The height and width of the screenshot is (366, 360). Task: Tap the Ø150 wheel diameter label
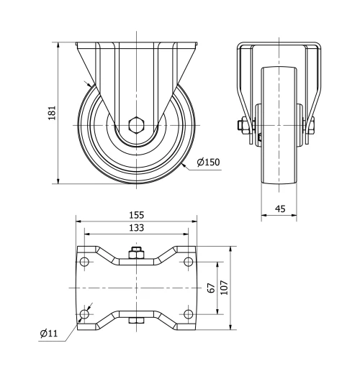(x=207, y=163)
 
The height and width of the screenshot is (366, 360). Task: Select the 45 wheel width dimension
(x=281, y=209)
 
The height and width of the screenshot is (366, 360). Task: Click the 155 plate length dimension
(x=137, y=214)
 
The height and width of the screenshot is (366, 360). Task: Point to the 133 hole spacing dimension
(x=137, y=228)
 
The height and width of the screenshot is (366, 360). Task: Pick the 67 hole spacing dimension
(x=211, y=288)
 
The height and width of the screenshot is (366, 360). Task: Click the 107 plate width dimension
(x=225, y=288)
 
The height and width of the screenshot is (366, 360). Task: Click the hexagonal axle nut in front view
(x=136, y=126)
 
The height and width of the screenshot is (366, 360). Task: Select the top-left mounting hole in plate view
(x=85, y=262)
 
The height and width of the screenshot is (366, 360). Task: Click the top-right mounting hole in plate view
(x=188, y=262)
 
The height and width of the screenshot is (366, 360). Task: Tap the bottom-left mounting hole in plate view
(x=85, y=314)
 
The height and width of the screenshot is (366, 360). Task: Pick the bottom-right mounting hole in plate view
(x=188, y=314)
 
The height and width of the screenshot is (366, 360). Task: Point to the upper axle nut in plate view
(x=136, y=253)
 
